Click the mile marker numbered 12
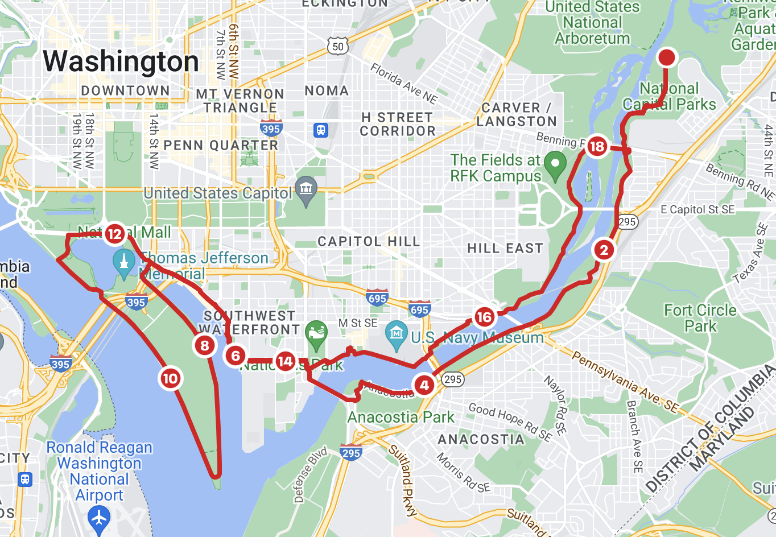[115, 234]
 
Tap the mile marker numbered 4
[424, 385]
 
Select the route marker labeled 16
[484, 317]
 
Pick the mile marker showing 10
[170, 378]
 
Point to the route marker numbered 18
[597, 147]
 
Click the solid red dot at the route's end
[666, 57]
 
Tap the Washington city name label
[121, 61]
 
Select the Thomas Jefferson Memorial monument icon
[123, 262]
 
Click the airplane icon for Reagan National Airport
[99, 518]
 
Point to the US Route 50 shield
[338, 46]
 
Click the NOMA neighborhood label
[327, 91]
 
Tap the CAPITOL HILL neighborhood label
[369, 242]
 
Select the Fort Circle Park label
[700, 318]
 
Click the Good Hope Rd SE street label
[510, 422]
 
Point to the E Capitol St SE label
[697, 209]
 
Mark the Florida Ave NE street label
[403, 84]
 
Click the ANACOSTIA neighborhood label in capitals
[481, 439]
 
